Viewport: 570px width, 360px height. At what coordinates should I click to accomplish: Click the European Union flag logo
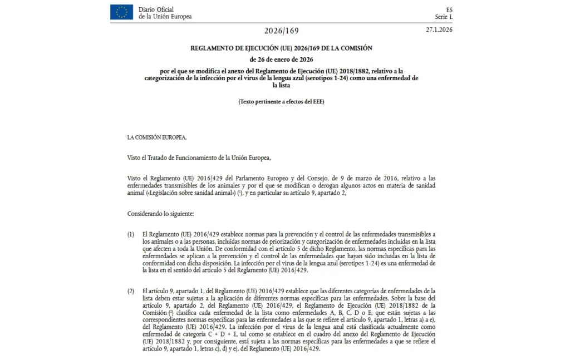coord(121,12)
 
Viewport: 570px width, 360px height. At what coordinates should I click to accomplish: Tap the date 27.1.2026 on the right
coord(439,29)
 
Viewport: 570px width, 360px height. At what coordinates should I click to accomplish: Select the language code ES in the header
coord(449,9)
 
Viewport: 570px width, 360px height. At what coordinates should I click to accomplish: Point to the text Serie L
coord(444,17)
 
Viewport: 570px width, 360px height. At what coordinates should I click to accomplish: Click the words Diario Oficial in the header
coord(156,9)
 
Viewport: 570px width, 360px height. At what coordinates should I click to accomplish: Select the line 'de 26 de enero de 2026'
coord(281,60)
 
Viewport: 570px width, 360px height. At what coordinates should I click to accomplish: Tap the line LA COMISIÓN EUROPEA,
coord(157,137)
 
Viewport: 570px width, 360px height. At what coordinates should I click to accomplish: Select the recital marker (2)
coord(131,291)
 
